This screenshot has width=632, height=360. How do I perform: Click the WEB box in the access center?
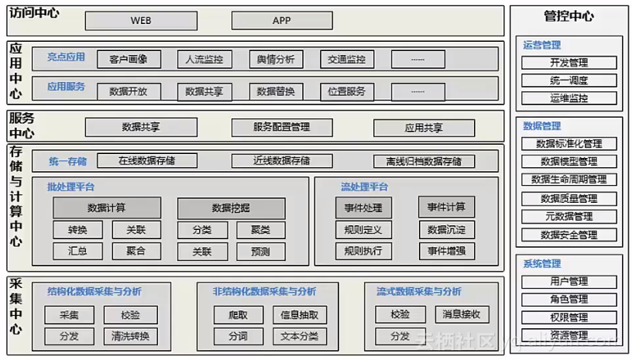[140, 21]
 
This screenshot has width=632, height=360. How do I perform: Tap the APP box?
[281, 21]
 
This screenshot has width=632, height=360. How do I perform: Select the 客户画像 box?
[129, 59]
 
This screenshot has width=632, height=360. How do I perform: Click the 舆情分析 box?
[275, 59]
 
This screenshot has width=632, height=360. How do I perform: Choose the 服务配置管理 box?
[281, 127]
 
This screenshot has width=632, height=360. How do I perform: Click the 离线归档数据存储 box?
[424, 162]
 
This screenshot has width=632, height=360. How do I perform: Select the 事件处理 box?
[363, 208]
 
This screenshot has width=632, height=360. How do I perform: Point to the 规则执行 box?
[363, 251]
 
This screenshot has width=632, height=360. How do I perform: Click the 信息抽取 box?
[299, 315]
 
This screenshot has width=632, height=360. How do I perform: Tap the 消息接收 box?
[462, 314]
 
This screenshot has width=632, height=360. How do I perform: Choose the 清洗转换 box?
[130, 337]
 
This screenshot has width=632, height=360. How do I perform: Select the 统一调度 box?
[568, 81]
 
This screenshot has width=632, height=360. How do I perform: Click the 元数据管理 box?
[568, 217]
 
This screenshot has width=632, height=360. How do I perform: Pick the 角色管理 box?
[568, 300]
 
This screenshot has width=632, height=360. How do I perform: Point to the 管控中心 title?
[568, 15]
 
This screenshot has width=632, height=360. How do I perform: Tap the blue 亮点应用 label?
[66, 57]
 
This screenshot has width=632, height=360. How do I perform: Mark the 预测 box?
[260, 252]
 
